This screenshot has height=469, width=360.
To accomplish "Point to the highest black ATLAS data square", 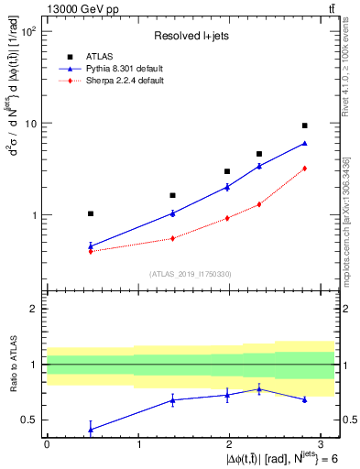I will (304, 125).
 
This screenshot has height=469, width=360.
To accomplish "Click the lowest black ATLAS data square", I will (90, 213).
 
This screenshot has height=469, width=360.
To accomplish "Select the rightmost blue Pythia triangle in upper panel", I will (304, 143).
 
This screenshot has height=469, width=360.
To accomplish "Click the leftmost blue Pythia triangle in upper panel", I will (90, 245).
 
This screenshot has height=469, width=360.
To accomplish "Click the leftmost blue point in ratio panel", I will (90, 429).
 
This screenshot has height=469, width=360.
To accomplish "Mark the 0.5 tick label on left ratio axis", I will (28, 420).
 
